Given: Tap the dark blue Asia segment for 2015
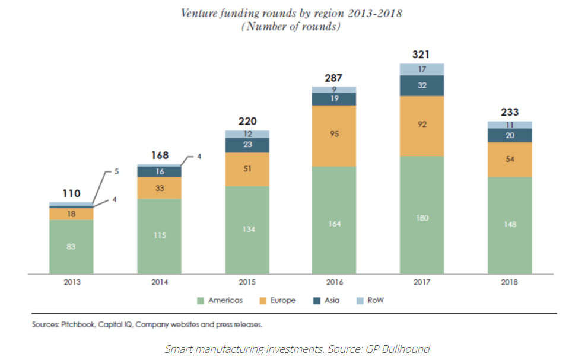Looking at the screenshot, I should pyautogui.click(x=247, y=145).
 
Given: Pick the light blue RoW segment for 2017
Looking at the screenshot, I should pyautogui.click(x=422, y=69).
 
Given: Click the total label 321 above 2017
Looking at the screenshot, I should pyautogui.click(x=421, y=55).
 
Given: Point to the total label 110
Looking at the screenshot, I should pyautogui.click(x=71, y=193).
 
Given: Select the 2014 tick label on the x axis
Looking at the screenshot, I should pyautogui.click(x=159, y=282).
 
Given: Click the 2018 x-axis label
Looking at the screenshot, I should pyautogui.click(x=509, y=282).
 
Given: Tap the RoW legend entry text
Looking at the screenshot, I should pyautogui.click(x=375, y=301).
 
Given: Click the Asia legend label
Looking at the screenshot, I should pyautogui.click(x=332, y=301).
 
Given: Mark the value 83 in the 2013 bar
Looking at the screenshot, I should pyautogui.click(x=71, y=247).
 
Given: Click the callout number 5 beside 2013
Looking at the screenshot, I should pyautogui.click(x=116, y=171).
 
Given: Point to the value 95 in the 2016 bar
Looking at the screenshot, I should pyautogui.click(x=334, y=134).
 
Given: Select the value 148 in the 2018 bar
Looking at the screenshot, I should pyautogui.click(x=510, y=225).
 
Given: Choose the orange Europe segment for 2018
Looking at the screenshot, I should pyautogui.click(x=510, y=160).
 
